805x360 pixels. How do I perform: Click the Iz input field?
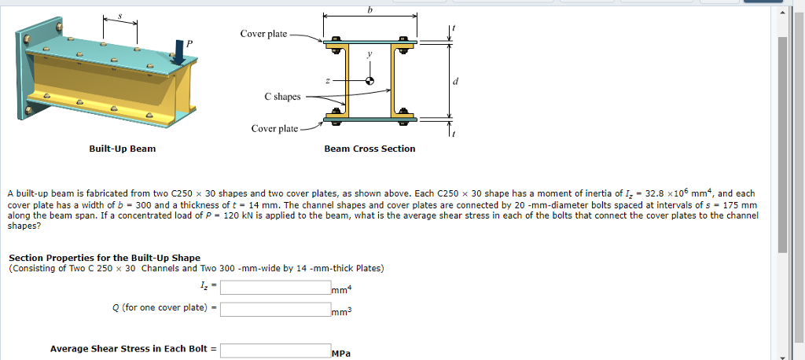pyautogui.click(x=274, y=287)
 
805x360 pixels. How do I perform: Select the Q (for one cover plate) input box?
pyautogui.click(x=274, y=309)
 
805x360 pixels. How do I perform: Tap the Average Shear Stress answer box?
pyautogui.click(x=274, y=351)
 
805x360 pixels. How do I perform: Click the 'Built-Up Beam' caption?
pyautogui.click(x=122, y=149)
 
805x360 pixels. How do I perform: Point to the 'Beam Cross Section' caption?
pyautogui.click(x=369, y=149)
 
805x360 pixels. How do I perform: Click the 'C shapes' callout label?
pyautogui.click(x=282, y=97)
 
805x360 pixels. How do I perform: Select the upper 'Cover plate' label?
pyautogui.click(x=263, y=34)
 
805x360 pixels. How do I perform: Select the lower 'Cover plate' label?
pyautogui.click(x=274, y=128)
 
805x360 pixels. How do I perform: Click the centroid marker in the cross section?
pyautogui.click(x=370, y=81)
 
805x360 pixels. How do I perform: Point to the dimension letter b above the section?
pyautogui.click(x=370, y=9)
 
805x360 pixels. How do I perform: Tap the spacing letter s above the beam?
pyautogui.click(x=119, y=16)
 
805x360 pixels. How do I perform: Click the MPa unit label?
pyautogui.click(x=340, y=354)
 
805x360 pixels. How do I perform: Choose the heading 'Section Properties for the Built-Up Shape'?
pyautogui.click(x=105, y=258)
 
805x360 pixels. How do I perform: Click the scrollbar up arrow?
pyautogui.click(x=781, y=13)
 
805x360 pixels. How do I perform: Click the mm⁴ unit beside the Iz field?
pyautogui.click(x=341, y=290)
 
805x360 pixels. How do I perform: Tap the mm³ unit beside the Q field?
pyautogui.click(x=341, y=312)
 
